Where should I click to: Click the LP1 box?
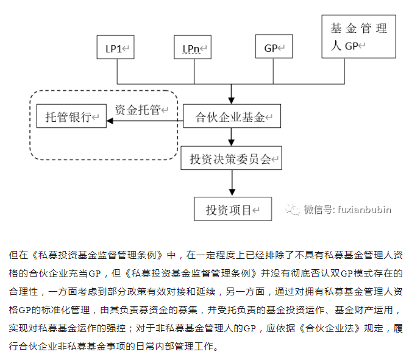coord(115,48)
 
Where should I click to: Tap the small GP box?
coord(274,48)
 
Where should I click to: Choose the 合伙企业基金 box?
coord(232,117)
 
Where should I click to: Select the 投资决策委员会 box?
coord(232,160)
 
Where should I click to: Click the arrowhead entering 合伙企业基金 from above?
coord(232,100)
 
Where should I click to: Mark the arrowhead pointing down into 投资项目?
coord(232,192)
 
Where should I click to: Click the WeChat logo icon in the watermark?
coord(294,210)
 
